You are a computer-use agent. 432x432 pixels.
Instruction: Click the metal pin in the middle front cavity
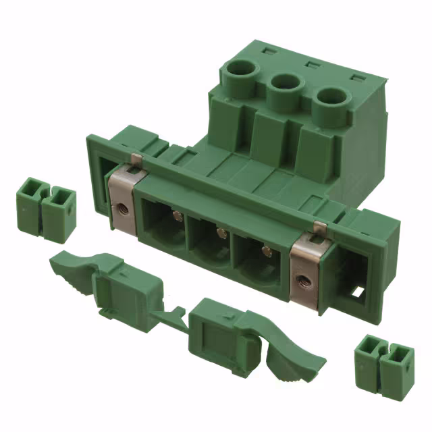coord(219,233)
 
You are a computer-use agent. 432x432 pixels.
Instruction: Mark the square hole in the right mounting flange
coord(356,295)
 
